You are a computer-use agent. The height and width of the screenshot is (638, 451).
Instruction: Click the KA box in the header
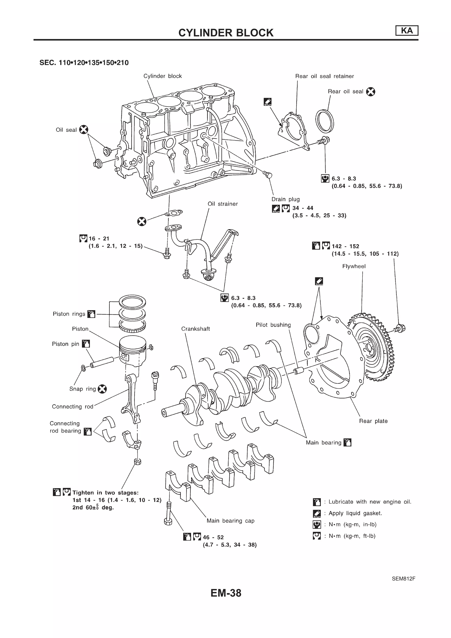tap(407, 31)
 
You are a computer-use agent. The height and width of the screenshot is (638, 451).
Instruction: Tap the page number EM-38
tap(226, 593)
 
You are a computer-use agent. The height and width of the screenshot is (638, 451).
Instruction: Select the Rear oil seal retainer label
tap(324, 76)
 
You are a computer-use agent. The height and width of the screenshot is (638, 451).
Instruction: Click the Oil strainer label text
tap(223, 204)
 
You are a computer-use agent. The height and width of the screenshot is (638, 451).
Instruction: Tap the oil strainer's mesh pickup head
tap(208, 275)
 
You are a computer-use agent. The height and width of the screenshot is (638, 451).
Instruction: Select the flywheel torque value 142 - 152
tap(345, 246)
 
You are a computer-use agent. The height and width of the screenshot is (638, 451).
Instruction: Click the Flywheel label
tap(354, 266)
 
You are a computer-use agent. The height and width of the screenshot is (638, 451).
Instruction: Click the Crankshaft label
tap(195, 329)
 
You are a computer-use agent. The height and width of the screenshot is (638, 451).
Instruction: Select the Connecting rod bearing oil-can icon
tap(87, 431)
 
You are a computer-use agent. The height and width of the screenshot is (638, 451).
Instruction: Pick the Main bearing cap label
tap(230, 521)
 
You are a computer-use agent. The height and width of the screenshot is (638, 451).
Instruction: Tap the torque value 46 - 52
tap(213, 537)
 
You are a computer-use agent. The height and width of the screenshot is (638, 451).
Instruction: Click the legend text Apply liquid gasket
tap(355, 513)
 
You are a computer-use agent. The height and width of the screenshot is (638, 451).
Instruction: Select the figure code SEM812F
tap(403, 579)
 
